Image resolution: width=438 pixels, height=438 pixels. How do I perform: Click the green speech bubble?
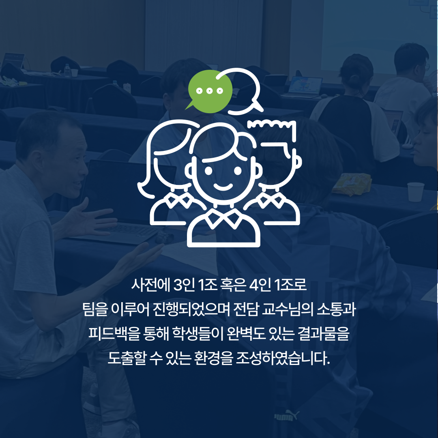pyautogui.click(x=210, y=92)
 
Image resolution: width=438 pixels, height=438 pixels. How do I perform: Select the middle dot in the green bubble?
pyautogui.click(x=210, y=90)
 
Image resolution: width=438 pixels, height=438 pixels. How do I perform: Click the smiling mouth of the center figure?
pyautogui.click(x=223, y=187)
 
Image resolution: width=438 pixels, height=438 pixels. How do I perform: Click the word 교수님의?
pyautogui.click(x=288, y=309)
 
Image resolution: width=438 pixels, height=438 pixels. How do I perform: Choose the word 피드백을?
pyautogui.click(x=114, y=333)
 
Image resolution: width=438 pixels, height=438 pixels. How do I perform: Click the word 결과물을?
pyautogui.click(x=324, y=333)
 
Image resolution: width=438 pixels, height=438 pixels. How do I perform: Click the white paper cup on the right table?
pyautogui.click(x=416, y=191)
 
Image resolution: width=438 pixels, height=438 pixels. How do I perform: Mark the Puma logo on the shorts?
pyautogui.click(x=286, y=416)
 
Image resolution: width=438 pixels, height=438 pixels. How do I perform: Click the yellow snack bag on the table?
pyautogui.click(x=352, y=183)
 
